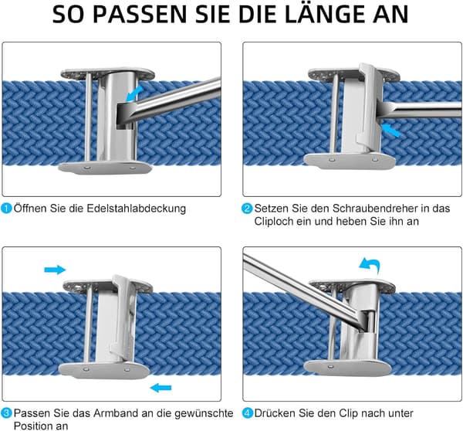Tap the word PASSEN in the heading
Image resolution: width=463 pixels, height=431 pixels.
pos(140,14)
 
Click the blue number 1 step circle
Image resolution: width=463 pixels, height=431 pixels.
pos(6,208)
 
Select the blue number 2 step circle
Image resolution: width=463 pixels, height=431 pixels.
pos(247,209)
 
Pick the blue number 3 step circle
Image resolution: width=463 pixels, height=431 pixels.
pos(6,413)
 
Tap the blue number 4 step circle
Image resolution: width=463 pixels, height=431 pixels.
pos(247,413)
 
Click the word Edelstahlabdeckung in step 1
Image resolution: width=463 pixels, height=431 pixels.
pos(136,209)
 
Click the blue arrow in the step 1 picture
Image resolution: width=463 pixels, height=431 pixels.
pos(133,93)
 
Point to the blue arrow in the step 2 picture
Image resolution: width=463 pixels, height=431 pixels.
pos(390,131)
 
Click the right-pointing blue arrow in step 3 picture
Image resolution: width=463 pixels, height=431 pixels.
pos(55,270)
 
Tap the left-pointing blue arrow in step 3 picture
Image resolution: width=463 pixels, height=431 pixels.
pos(161,388)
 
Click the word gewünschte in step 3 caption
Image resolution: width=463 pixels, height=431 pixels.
pos(204,413)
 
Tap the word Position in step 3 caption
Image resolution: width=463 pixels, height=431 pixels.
pos(32,426)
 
